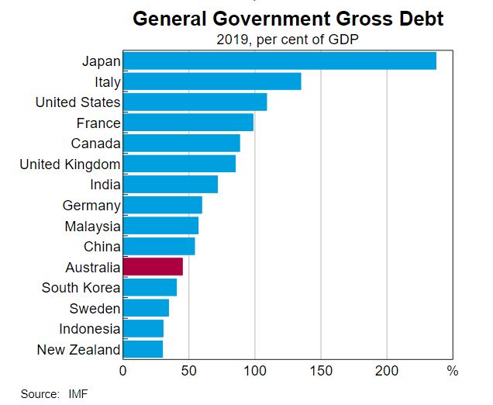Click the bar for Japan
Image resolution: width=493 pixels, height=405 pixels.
point(279,61)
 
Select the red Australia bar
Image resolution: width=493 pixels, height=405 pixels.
point(153,267)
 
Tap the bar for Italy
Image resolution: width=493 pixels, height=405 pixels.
point(212,81)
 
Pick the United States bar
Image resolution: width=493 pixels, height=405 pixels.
point(195,102)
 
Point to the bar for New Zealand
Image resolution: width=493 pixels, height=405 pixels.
point(143,349)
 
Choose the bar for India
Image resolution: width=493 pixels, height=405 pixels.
point(170,185)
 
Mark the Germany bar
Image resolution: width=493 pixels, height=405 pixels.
point(162,205)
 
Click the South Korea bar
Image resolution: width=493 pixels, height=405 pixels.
point(150,288)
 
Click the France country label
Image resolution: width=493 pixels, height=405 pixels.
point(98,123)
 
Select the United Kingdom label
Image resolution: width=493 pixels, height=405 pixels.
point(70,164)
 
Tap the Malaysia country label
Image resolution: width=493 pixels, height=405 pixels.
point(93,226)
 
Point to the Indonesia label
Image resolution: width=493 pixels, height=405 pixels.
point(90,329)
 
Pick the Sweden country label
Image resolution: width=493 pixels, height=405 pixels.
point(95,308)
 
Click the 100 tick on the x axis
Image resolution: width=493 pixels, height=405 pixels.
point(255,370)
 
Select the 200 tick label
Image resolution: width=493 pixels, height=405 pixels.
point(387,370)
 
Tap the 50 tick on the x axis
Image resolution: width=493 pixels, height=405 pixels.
point(188,370)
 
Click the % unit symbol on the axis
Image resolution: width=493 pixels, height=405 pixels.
point(453,370)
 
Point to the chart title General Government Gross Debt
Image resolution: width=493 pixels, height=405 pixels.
point(288,18)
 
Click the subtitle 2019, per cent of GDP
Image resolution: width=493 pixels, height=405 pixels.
point(288,39)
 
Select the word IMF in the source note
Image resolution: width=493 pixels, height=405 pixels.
point(78,394)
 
